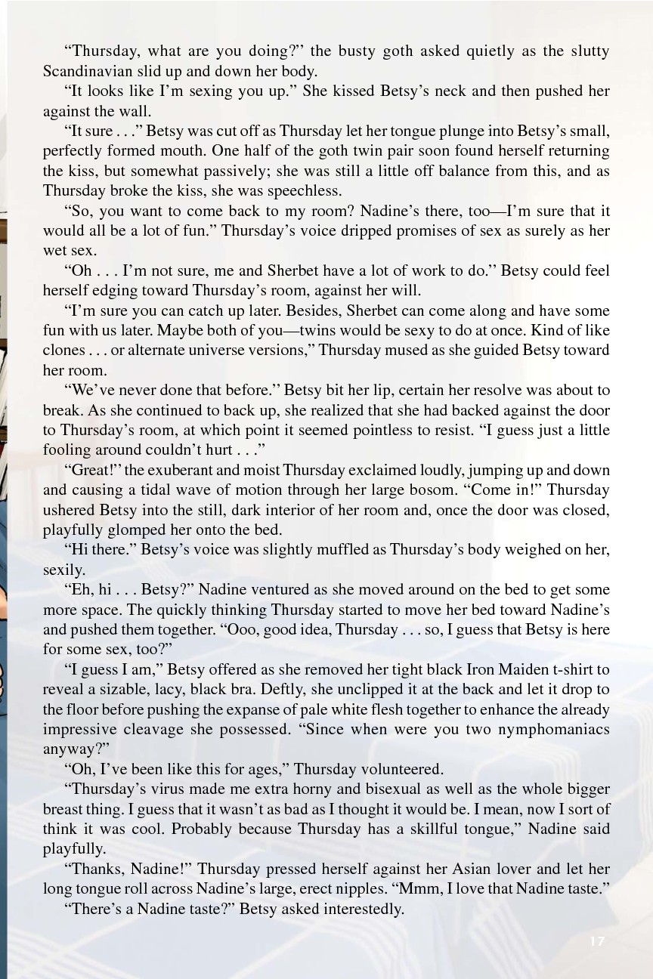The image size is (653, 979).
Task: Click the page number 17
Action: (x=597, y=940)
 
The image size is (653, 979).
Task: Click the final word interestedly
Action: (x=356, y=909)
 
